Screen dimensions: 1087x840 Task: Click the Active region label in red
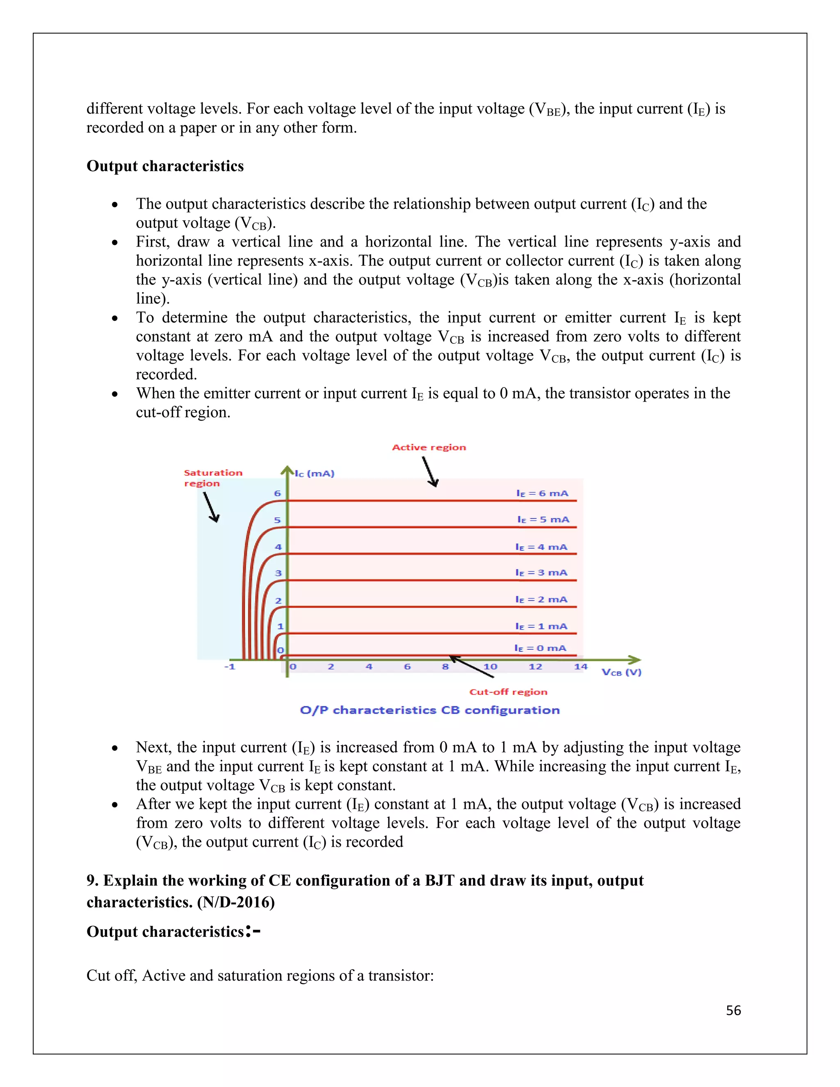pyautogui.click(x=429, y=448)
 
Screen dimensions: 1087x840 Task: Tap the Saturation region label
pyautogui.click(x=212, y=478)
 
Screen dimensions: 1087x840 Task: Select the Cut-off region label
pyautogui.click(x=508, y=692)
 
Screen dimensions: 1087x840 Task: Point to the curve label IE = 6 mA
pyautogui.click(x=542, y=493)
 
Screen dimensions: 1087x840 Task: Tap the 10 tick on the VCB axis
pyautogui.click(x=490, y=667)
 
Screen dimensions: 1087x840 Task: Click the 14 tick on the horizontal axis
pyautogui.click(x=580, y=667)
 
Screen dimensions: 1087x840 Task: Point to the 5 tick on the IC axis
pyautogui.click(x=277, y=520)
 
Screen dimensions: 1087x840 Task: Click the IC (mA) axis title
pyautogui.click(x=315, y=473)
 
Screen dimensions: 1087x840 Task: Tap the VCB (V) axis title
pyautogui.click(x=621, y=672)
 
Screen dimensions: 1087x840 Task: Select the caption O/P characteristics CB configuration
pyautogui.click(x=429, y=710)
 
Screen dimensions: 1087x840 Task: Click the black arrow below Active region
pyautogui.click(x=430, y=471)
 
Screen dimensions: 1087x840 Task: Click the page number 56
pyautogui.click(x=733, y=1010)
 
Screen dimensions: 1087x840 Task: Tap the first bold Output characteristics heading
pyautogui.click(x=165, y=166)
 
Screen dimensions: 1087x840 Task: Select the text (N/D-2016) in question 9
pyautogui.click(x=236, y=902)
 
